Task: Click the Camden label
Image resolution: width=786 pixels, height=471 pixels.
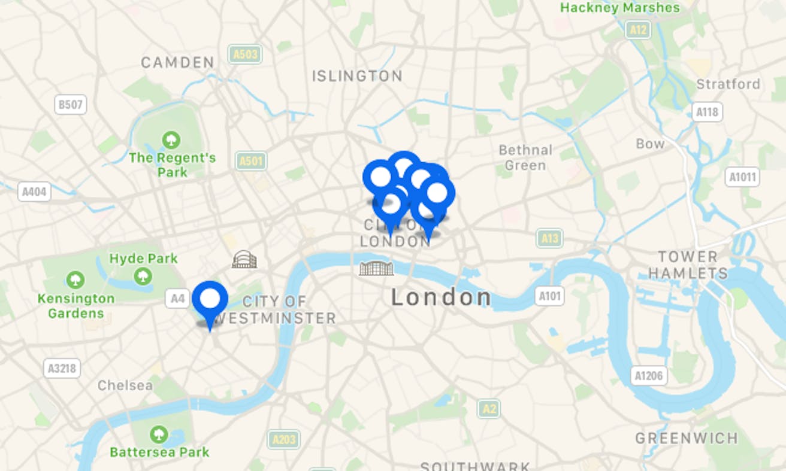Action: pyautogui.click(x=177, y=62)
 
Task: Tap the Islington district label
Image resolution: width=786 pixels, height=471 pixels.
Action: pyautogui.click(x=357, y=76)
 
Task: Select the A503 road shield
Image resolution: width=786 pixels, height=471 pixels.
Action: pyautogui.click(x=245, y=55)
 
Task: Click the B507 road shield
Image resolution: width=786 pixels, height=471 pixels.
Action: pyautogui.click(x=70, y=105)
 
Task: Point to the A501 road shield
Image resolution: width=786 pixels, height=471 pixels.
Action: pyautogui.click(x=252, y=161)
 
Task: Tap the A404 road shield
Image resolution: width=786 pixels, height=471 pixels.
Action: pyautogui.click(x=34, y=192)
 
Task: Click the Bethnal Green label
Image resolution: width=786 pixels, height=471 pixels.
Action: pyautogui.click(x=525, y=157)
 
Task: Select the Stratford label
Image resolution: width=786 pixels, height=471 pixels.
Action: pyautogui.click(x=728, y=84)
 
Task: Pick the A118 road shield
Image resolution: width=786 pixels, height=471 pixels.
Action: pyautogui.click(x=708, y=112)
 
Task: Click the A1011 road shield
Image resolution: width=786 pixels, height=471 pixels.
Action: pyautogui.click(x=742, y=177)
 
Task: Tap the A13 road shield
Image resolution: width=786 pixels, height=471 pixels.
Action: pyautogui.click(x=549, y=239)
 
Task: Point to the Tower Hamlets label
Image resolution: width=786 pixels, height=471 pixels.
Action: pyautogui.click(x=688, y=265)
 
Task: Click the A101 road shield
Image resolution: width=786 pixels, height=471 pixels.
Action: pyautogui.click(x=549, y=296)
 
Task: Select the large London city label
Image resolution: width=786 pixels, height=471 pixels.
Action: pyautogui.click(x=441, y=297)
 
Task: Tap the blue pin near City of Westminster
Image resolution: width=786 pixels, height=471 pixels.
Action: pyautogui.click(x=210, y=299)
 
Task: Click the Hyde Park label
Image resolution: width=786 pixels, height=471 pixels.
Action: pyautogui.click(x=144, y=259)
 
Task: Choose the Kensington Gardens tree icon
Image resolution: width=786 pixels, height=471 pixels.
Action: pyautogui.click(x=75, y=279)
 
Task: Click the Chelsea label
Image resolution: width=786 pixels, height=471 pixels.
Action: pyautogui.click(x=125, y=385)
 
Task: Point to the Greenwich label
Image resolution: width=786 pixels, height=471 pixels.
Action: pyautogui.click(x=687, y=438)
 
